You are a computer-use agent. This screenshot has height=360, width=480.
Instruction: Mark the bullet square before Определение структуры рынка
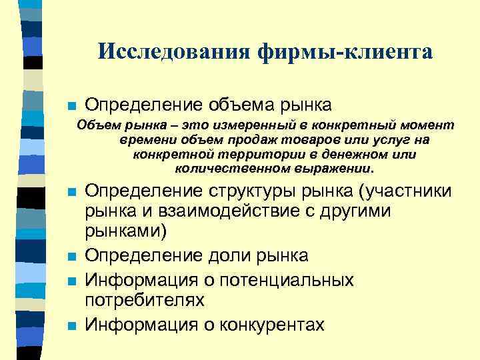tap(73, 193)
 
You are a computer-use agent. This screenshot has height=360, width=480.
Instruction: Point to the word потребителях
tap(144, 301)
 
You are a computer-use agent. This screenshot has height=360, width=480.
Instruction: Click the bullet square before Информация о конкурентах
tap(73, 325)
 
